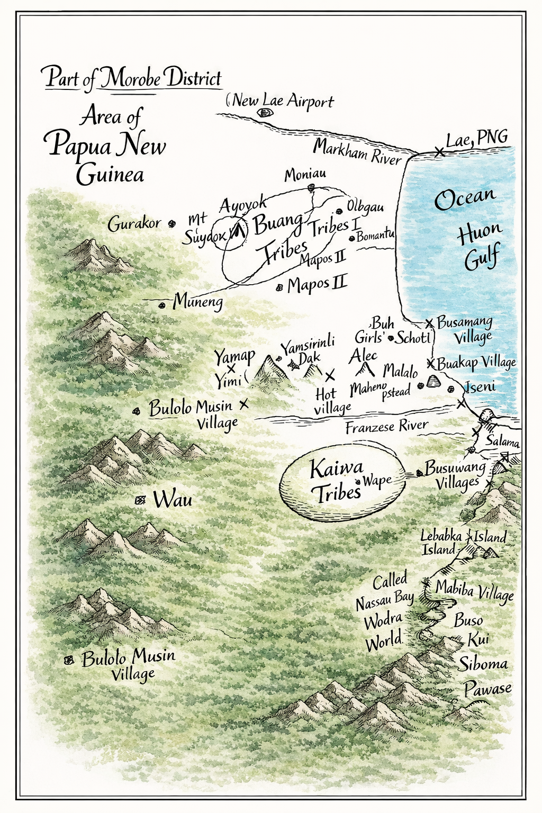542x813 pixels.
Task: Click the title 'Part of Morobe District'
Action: coord(133,78)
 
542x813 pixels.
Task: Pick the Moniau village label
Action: coord(305,175)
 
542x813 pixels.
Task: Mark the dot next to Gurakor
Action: coord(171,224)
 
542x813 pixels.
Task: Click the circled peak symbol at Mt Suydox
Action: coord(237,230)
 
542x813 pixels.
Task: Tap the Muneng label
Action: coord(197,302)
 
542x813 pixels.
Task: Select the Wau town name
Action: coord(173,499)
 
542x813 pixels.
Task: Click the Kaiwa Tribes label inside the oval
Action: coord(336,481)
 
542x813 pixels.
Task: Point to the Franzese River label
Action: coord(386,426)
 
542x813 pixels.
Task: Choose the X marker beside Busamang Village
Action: coord(429,322)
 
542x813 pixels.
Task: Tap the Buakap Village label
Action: coord(476,363)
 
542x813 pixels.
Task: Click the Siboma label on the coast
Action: coord(483,664)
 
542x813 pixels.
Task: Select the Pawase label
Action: coord(487,689)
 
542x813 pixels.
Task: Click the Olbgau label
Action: coord(365,206)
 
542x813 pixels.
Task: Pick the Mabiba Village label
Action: coord(474,590)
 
